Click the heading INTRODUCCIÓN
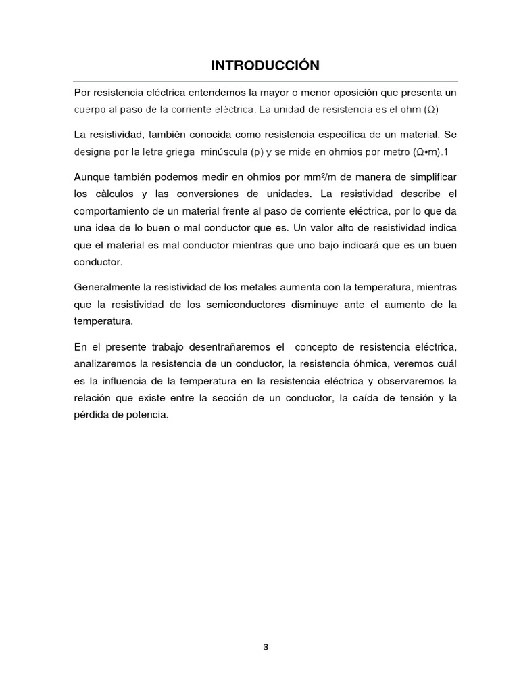coord(265,65)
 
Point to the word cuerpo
coord(90,109)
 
